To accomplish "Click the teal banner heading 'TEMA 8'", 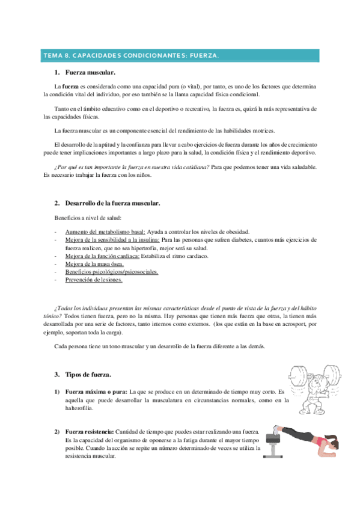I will [x=130, y=56].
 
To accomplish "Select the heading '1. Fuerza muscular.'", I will [x=89, y=72].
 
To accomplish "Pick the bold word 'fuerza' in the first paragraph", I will [x=73, y=87].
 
